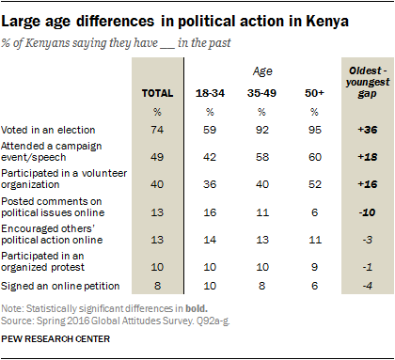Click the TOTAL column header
point(157,93)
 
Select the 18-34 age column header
point(210,93)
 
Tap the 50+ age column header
point(314,93)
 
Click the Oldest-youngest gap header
point(368,82)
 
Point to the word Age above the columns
point(262,71)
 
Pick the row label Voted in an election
point(48,130)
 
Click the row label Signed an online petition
point(60,286)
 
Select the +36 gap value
point(368,130)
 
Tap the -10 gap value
point(368,212)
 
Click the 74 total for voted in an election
point(157,130)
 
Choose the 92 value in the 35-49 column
point(262,130)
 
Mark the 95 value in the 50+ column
point(315,130)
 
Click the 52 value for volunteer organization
point(315,184)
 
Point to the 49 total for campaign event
point(157,157)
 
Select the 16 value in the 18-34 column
point(210,212)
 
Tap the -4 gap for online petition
point(368,286)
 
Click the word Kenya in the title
point(327,22)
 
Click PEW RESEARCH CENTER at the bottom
point(55,339)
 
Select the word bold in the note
point(196,308)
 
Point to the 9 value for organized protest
point(315,267)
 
